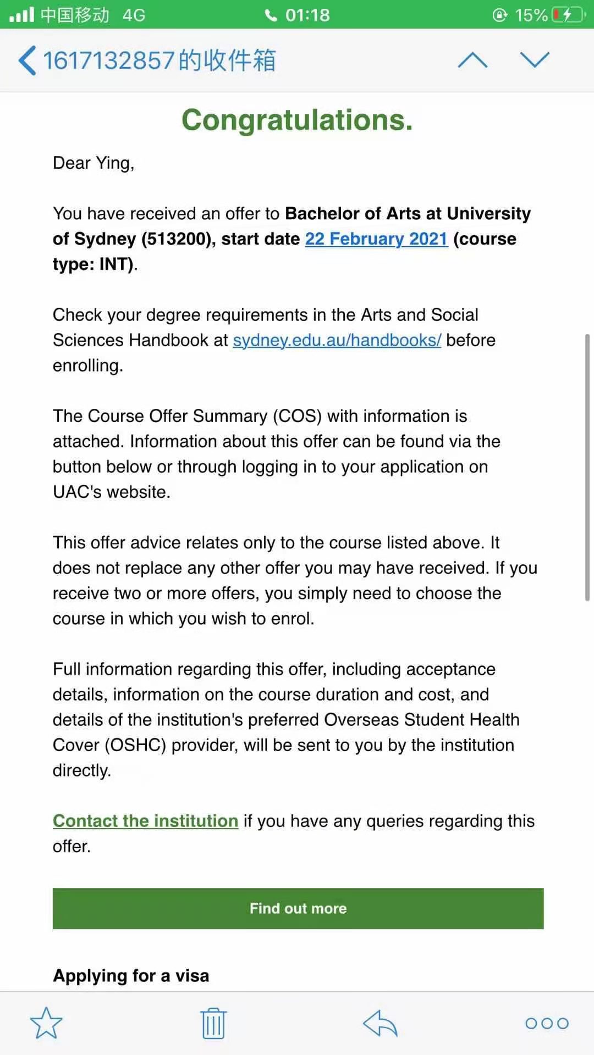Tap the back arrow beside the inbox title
(28, 60)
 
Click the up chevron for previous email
(472, 60)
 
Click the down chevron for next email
(535, 60)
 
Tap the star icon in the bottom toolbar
(46, 1023)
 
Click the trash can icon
(213, 1023)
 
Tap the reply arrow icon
(380, 1023)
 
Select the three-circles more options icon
(547, 1023)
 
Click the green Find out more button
(298, 908)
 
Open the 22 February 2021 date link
(376, 239)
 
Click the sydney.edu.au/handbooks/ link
(337, 340)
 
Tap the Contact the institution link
(145, 821)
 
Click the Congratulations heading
(297, 120)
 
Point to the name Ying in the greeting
(114, 163)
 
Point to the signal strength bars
(22, 14)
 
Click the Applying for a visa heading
(131, 975)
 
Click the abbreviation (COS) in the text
(298, 416)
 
